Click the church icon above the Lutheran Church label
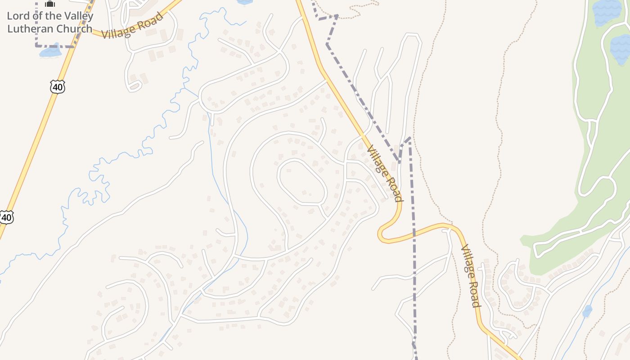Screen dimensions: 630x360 50,4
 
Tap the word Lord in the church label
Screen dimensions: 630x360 18,16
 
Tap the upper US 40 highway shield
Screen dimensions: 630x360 58,86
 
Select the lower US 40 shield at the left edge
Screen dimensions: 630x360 6,217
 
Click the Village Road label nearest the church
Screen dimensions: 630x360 132,26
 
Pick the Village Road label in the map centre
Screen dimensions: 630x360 384,173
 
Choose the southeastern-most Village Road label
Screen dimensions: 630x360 471,276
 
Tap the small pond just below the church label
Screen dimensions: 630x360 50,51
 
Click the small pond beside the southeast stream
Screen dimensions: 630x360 587,311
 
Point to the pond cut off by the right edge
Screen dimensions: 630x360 621,49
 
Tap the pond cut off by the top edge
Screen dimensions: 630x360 245,2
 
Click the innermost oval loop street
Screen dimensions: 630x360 301,182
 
